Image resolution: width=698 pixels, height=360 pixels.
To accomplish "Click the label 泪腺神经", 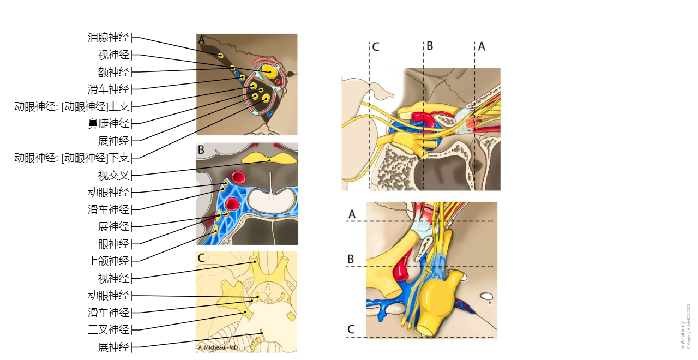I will [109, 38].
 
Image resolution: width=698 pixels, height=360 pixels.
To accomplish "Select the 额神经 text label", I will [113, 72].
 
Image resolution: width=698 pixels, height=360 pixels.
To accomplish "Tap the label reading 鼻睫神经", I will [109, 124].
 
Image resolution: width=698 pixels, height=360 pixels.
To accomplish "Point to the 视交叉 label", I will [113, 176].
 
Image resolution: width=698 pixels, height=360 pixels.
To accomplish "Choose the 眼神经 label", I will [113, 244].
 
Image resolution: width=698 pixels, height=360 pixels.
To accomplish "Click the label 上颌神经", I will [109, 261].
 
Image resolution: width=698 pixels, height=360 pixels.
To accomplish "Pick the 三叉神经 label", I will [109, 329].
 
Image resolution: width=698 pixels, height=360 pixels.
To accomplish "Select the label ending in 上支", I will [72, 106].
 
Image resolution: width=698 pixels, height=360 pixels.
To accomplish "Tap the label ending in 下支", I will [72, 158].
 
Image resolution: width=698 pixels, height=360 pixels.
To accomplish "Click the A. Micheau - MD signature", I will [218, 348].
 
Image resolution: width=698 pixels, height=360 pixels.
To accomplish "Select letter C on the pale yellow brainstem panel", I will [201, 258].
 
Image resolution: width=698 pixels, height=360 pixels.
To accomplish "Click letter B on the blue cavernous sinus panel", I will [201, 149].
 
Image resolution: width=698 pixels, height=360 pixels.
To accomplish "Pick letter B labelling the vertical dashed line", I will [430, 46].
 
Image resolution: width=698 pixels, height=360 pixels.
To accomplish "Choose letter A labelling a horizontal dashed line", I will [352, 215].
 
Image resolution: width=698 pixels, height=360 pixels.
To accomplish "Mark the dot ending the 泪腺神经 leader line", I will [220, 56].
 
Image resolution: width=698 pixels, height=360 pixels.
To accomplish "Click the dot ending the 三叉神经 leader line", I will [245, 312].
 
